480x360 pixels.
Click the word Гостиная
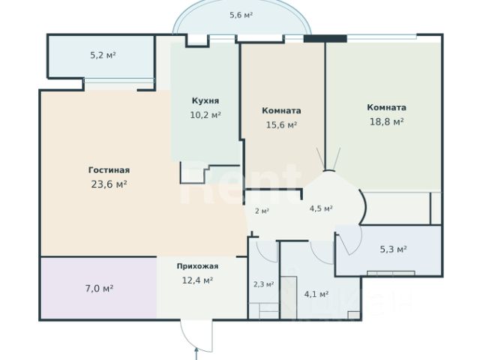(x=109, y=170)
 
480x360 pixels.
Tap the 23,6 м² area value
(x=109, y=184)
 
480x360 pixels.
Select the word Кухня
(x=205, y=100)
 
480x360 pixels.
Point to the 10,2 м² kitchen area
(x=205, y=115)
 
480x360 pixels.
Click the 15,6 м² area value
(x=281, y=125)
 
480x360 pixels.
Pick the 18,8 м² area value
(x=387, y=121)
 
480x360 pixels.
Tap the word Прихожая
(x=197, y=266)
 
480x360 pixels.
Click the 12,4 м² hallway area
(x=197, y=280)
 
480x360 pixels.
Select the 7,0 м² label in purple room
(x=100, y=288)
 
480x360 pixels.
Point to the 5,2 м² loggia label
(x=103, y=55)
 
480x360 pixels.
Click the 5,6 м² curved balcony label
(x=241, y=15)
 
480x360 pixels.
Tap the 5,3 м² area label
(x=393, y=249)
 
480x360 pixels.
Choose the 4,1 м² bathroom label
(x=316, y=294)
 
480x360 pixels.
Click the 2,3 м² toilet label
(x=263, y=284)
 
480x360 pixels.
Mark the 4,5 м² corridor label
(x=321, y=208)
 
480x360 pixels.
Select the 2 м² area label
(x=262, y=211)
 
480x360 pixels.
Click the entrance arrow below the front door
(x=196, y=353)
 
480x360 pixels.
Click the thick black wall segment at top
(x=325, y=38)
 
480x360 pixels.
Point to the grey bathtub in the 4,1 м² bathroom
(x=289, y=297)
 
